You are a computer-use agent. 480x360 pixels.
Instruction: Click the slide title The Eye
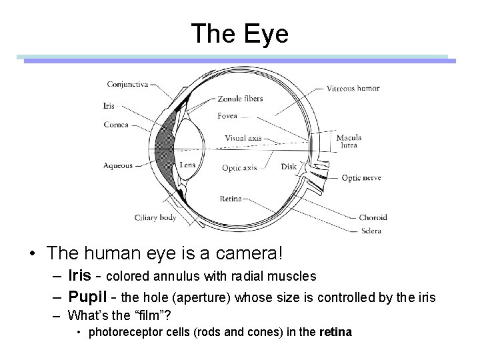[x=239, y=33]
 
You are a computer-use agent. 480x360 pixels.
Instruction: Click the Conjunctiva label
[x=128, y=85]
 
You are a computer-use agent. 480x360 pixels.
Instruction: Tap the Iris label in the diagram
[x=109, y=105]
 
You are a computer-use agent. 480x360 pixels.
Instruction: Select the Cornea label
[x=116, y=124]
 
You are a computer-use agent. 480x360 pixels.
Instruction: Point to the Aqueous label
[x=118, y=165]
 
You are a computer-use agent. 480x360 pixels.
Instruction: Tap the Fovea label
[x=227, y=116]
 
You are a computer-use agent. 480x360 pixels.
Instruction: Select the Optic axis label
[x=239, y=167]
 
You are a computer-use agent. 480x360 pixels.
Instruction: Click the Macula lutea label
[x=349, y=141]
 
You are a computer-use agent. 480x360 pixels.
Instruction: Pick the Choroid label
[x=373, y=217]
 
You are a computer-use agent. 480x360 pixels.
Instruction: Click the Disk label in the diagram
[x=289, y=167]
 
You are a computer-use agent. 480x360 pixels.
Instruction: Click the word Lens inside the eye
[x=187, y=165]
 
